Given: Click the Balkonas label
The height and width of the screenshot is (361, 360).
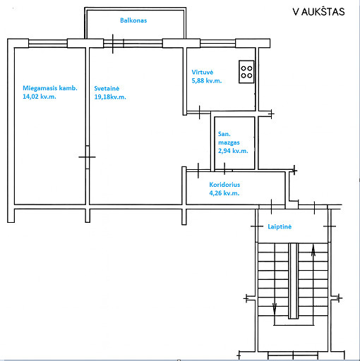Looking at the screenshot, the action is point(133,20).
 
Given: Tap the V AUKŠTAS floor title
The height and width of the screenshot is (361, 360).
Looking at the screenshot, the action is point(318,12).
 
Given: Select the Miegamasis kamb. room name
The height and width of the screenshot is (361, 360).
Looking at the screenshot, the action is point(50,88).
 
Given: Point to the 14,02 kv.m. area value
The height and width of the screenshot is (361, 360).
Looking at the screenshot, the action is point(40,97).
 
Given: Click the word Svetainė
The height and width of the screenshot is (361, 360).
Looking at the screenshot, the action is point(107,89).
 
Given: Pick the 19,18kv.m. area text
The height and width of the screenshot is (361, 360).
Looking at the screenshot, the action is point(110,97).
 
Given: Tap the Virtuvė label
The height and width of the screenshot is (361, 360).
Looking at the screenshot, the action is point(203,72).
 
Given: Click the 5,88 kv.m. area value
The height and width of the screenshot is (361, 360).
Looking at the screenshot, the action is point(207,80).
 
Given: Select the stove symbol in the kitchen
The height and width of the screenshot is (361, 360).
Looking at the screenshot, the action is point(246,72).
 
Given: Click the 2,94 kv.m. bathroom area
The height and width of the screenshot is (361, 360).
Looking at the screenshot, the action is point(233,151).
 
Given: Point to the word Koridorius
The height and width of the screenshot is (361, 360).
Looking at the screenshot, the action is point(224,185).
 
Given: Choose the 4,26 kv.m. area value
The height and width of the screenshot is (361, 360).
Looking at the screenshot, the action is point(224,193).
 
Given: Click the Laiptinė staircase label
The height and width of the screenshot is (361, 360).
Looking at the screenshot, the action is point(280,226).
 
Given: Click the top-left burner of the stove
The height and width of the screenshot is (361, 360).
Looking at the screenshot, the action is point(244,68).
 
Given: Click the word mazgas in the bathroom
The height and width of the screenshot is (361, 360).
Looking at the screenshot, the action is point(229,142).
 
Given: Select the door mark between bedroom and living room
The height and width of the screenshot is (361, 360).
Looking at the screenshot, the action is point(87,157).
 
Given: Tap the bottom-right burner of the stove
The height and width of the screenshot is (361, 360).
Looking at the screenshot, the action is point(250,75).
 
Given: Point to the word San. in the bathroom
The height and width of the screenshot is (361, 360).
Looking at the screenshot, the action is point(224,134).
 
